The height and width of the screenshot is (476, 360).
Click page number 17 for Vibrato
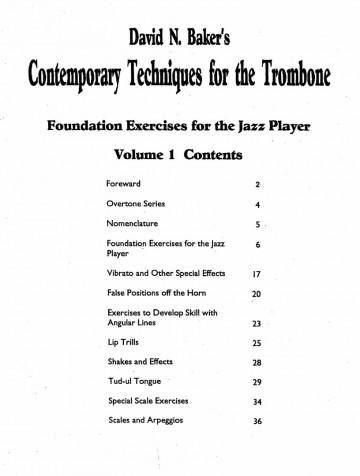(x=257, y=273)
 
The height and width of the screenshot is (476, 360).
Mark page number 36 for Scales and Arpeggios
(x=257, y=421)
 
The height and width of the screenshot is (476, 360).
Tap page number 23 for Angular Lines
(x=257, y=325)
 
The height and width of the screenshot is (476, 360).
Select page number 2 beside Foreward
(x=258, y=186)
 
